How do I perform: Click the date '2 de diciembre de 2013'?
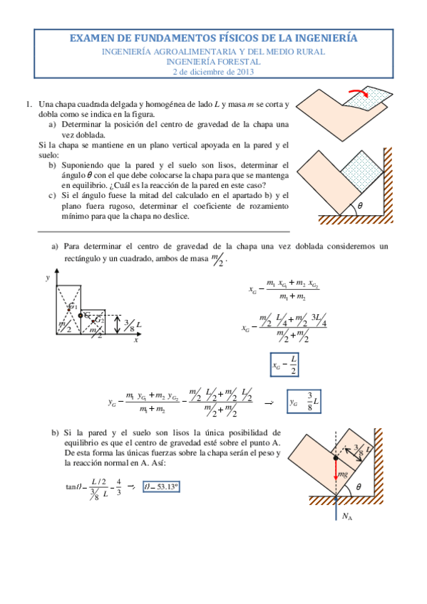click(x=213, y=71)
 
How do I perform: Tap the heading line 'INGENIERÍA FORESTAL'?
click(x=213, y=61)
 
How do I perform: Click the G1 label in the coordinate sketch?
click(x=72, y=306)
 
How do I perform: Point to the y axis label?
click(x=48, y=278)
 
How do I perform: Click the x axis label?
click(x=135, y=340)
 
